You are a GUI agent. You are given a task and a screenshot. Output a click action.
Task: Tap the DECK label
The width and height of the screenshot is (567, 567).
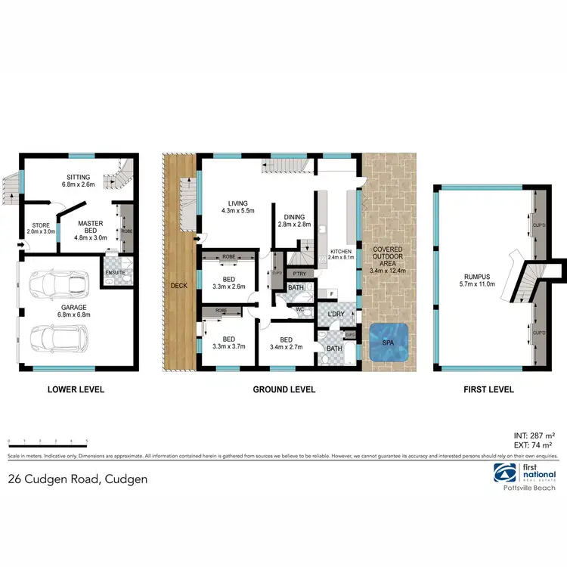coord(178,286)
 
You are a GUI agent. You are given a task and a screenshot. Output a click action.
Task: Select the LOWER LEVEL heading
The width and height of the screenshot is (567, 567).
coord(76,390)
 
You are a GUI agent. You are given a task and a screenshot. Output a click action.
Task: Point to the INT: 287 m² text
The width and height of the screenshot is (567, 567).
coord(534,437)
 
